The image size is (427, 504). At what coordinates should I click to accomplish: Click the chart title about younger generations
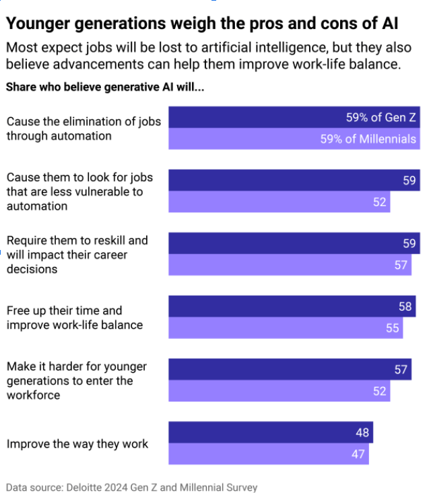(202, 24)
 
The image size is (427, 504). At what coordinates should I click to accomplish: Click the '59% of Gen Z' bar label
(381, 117)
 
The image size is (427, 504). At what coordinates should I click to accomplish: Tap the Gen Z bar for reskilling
(294, 243)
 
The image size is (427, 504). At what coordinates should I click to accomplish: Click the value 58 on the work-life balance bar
(405, 307)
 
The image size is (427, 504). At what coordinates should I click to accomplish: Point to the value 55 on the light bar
(393, 328)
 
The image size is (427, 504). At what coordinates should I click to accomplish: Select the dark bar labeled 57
(290, 369)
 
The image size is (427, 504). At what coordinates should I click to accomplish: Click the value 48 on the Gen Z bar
(362, 433)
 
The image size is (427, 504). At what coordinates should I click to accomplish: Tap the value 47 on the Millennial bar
(358, 454)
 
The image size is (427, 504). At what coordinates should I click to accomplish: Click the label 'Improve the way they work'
(77, 443)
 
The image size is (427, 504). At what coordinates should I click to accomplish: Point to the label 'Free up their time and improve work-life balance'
(74, 317)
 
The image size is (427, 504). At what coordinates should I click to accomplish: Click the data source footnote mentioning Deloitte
(131, 487)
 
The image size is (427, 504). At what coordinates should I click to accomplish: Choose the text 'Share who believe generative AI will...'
(105, 87)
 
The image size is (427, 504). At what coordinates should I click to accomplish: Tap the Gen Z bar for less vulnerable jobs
(294, 181)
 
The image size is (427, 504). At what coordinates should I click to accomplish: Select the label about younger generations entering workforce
(76, 381)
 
